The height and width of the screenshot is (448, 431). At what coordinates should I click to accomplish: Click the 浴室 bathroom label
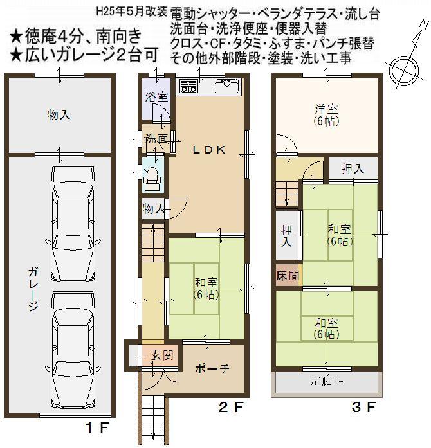click(x=156, y=98)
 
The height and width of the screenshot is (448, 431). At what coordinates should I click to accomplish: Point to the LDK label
click(x=209, y=150)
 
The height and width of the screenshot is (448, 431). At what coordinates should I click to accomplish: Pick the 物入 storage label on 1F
click(x=59, y=115)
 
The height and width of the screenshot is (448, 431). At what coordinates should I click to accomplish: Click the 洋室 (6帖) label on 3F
click(x=327, y=114)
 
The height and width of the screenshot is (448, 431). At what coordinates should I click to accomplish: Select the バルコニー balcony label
click(x=327, y=381)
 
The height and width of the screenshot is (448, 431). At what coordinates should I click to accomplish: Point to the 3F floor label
click(x=361, y=407)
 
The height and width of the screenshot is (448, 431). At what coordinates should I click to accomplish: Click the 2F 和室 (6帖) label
click(x=206, y=289)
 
